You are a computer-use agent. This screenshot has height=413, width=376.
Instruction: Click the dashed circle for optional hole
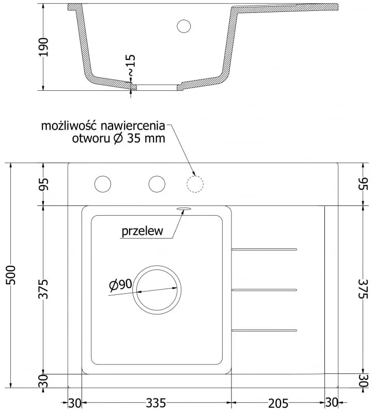tap(195, 183)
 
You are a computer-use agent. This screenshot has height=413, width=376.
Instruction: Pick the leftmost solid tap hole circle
tap(103, 183)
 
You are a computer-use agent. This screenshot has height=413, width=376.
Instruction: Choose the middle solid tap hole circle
tap(156, 183)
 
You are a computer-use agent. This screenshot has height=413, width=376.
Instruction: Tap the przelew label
tap(142, 231)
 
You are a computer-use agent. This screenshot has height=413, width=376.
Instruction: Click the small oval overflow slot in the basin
tap(183, 209)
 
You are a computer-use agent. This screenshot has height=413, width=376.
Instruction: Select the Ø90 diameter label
tap(121, 283)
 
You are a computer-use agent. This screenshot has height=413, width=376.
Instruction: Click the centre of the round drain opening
tap(156, 290)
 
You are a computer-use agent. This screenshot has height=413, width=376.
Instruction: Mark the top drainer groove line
tap(264, 249)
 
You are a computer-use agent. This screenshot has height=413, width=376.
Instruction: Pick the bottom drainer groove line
tap(264, 329)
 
